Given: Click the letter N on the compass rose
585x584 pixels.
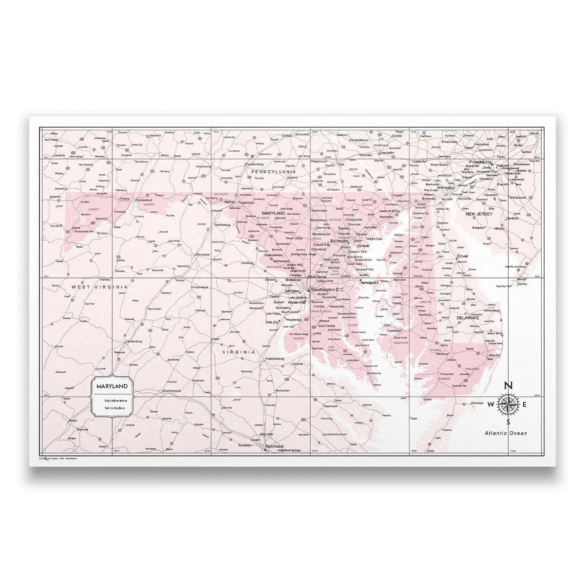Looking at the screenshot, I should pos(508,386).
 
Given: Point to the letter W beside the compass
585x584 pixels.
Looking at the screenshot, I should pos(491,404).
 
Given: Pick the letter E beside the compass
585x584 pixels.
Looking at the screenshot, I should pos(525,404).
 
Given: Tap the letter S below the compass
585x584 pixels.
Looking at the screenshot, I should pos(508,421).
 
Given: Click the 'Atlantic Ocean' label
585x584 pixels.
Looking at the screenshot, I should pos(505,433).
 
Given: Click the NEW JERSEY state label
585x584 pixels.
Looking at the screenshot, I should pos(479,214).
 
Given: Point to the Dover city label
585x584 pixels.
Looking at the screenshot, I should pos(462,256).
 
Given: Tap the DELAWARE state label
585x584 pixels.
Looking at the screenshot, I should pos(468,318).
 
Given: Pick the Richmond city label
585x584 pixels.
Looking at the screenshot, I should pos(274,446).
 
